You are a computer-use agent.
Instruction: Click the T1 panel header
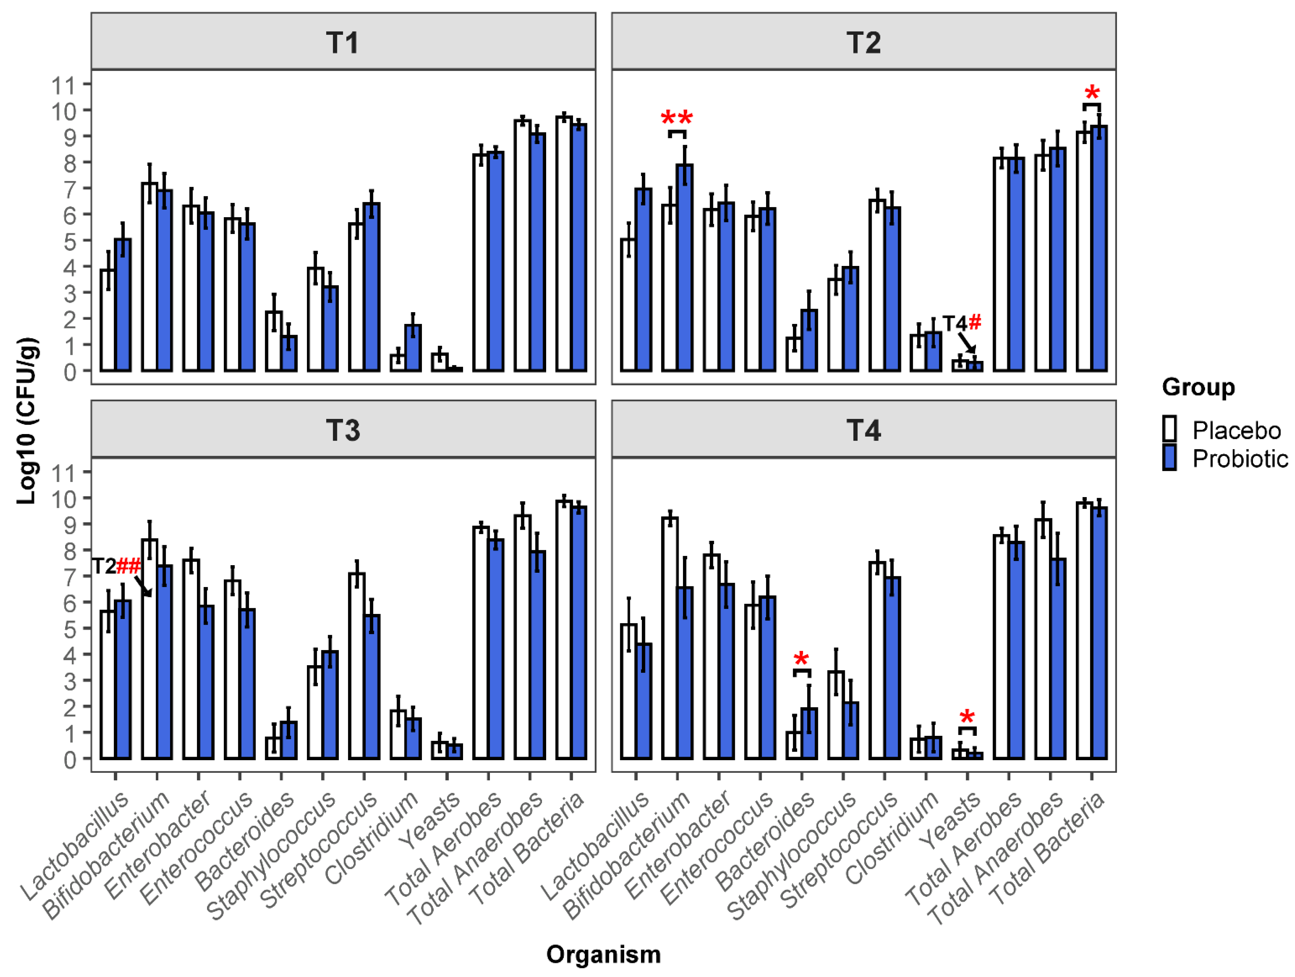pyautogui.click(x=342, y=42)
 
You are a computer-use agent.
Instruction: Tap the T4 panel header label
pyautogui.click(x=863, y=430)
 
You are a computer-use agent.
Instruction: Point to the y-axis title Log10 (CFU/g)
pyautogui.click(x=28, y=420)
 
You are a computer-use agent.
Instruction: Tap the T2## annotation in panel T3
pyautogui.click(x=116, y=566)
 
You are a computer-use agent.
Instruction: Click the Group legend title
pyautogui.click(x=1198, y=387)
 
